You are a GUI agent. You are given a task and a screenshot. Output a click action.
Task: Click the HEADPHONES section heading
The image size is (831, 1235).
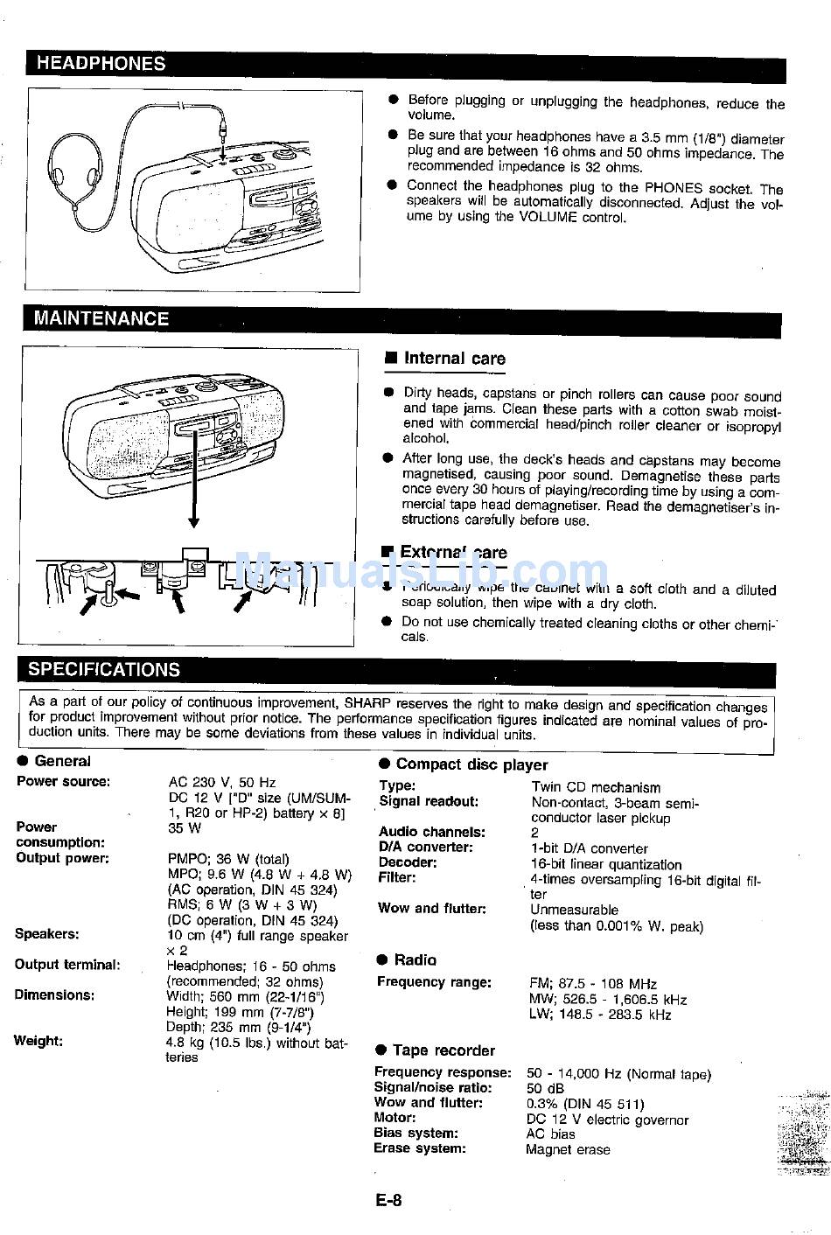click(101, 63)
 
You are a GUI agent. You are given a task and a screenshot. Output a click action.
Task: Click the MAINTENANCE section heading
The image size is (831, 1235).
click(101, 318)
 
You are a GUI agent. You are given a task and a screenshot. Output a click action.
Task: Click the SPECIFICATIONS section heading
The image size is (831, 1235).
click(103, 670)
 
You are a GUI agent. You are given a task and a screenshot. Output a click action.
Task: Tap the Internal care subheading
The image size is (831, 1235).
click(454, 359)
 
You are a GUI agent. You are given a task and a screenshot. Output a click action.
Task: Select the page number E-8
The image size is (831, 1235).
click(388, 1201)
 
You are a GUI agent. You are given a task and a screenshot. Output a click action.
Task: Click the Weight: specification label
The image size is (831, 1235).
click(38, 1041)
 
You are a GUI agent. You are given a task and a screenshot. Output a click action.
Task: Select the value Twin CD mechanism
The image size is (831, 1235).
click(596, 787)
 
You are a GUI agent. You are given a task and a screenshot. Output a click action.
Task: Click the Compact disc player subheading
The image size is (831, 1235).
click(471, 764)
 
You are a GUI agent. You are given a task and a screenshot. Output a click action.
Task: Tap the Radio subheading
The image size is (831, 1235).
click(415, 959)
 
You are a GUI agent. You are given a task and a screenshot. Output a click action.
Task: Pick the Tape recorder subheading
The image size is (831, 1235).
click(443, 1050)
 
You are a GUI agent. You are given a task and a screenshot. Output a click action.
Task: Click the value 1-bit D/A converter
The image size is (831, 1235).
click(589, 848)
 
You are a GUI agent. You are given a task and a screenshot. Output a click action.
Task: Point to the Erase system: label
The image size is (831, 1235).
click(419, 1148)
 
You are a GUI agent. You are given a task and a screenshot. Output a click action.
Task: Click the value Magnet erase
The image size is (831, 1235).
click(568, 1149)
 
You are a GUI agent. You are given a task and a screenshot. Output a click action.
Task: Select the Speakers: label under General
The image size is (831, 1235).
click(46, 934)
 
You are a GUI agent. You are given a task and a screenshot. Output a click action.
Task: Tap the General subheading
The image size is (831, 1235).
click(62, 761)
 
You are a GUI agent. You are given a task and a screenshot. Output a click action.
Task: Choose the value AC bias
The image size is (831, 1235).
click(550, 1134)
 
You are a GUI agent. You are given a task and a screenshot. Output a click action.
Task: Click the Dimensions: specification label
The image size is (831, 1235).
click(54, 995)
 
